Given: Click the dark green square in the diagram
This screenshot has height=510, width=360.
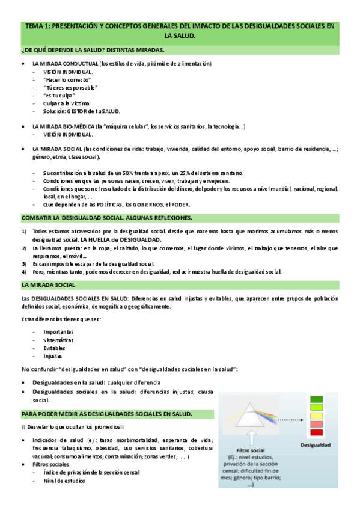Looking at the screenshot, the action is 316,399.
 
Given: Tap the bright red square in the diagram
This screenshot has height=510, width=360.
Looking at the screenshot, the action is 316,432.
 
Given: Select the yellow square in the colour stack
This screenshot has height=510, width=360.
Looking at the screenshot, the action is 316,415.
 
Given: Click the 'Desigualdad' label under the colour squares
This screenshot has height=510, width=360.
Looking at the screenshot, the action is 316,445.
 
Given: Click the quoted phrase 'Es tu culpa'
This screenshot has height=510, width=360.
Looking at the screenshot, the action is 56,95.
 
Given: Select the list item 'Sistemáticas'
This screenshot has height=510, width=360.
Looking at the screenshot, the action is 58,340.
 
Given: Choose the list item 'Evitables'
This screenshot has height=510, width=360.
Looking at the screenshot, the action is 54,348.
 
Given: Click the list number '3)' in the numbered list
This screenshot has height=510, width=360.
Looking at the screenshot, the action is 24,263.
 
